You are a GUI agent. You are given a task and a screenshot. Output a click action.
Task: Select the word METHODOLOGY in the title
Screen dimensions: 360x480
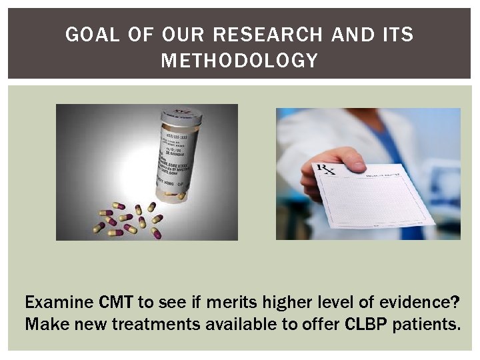(239, 61)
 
